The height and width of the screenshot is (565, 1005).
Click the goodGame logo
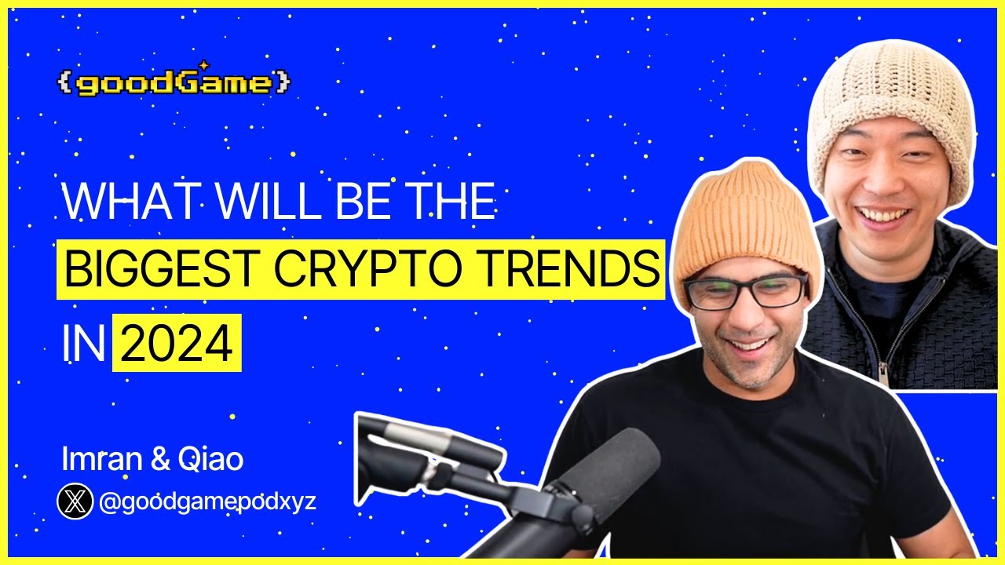pyautogui.click(x=174, y=82)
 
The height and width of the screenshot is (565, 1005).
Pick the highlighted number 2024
pyautogui.click(x=177, y=344)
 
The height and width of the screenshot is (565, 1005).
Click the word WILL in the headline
pyautogui.click(x=252, y=204)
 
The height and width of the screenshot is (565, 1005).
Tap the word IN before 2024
pyautogui.click(x=82, y=344)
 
